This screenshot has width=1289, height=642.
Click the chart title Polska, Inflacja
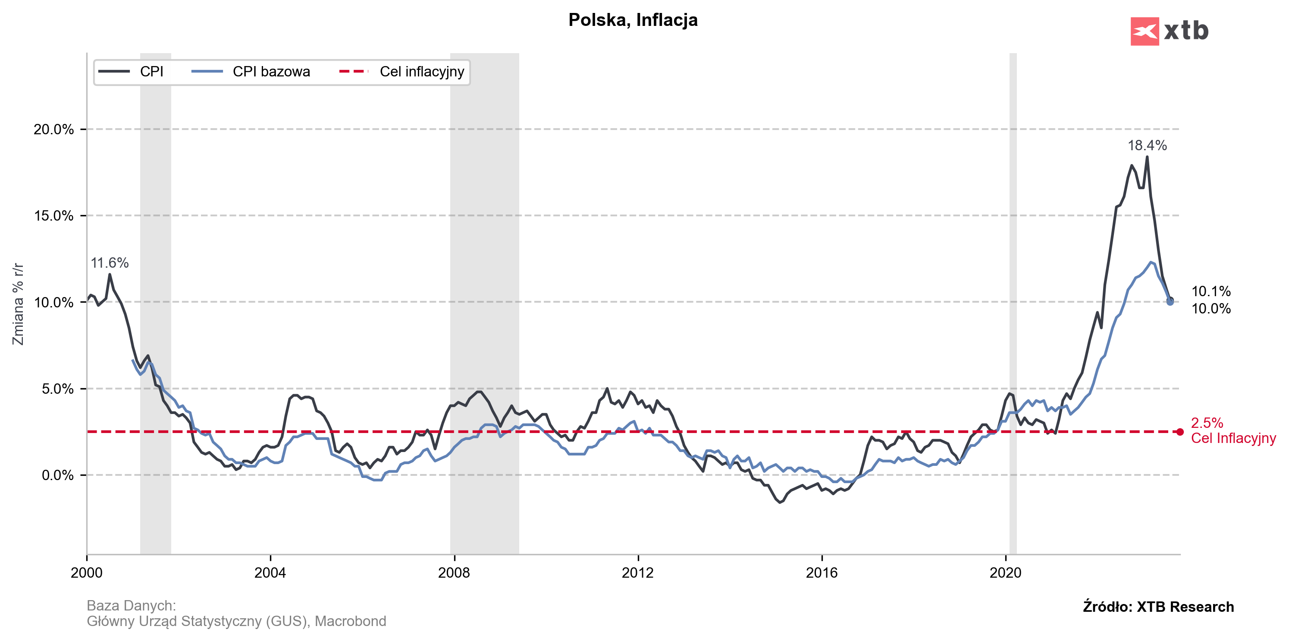633,20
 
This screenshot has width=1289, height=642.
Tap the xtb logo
1169,31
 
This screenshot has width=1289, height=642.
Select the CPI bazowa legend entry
271,72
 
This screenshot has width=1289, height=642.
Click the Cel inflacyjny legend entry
421,72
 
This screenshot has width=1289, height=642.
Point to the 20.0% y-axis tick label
53,129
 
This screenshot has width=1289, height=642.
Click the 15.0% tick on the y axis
53,216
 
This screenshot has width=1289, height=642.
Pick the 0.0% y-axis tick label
57,475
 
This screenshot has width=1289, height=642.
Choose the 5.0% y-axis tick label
57,389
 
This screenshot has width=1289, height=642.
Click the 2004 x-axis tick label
270,572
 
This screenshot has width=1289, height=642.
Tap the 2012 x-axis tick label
637,572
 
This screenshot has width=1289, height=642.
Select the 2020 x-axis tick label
1005,572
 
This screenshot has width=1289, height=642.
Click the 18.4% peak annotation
1147,145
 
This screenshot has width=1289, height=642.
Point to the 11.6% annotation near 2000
110,262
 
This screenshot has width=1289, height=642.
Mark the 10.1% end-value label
1211,291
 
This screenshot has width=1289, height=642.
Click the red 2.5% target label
1207,423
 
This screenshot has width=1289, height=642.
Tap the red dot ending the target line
1180,432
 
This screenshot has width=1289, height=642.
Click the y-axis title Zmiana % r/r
18,304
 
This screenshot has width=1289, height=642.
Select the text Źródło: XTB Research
1158,607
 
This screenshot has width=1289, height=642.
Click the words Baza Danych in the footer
131,605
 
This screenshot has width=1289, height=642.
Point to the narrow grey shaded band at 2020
1013,300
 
